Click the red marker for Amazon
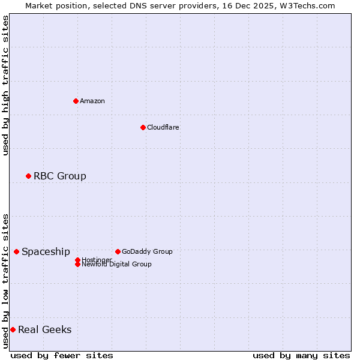coord(76,101)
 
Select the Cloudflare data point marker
coord(143,127)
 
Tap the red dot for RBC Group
coord(28,176)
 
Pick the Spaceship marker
coord(16,251)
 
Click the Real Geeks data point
coord(13,329)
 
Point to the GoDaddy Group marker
coord(118,251)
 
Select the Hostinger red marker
coord(77,260)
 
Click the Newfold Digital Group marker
coord(77,264)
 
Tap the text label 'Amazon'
coord(92,101)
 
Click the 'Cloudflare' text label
coord(163,127)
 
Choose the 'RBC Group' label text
coord(60,176)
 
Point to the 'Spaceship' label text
coord(46,251)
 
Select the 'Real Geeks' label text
coord(45,329)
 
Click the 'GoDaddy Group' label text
coord(147,251)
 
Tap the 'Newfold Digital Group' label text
coord(117,265)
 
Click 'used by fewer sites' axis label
coord(62,355)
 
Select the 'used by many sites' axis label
coord(301,355)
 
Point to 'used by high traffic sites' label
coord(5,85)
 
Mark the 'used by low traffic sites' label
coord(5,281)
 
